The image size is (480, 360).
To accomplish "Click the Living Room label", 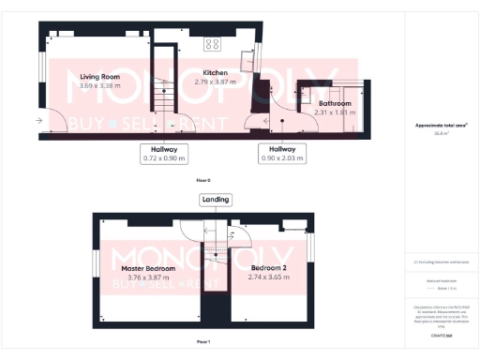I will tap(98, 77).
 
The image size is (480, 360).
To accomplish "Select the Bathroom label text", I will tap(334, 104).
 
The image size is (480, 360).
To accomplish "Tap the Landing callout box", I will tap(215, 199).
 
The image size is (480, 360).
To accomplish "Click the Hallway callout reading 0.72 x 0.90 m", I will tap(164, 153).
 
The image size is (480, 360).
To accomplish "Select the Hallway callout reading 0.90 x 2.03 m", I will tap(282, 153).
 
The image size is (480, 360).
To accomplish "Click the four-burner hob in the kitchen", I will tap(212, 43).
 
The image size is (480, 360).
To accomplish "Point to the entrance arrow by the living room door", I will tap(39, 120).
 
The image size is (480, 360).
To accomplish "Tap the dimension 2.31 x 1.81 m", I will tap(334, 112).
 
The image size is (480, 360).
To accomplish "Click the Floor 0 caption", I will tap(203, 179).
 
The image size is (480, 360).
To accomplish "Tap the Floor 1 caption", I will tap(203, 341).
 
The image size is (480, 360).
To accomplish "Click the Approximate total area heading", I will tap(441, 125).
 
